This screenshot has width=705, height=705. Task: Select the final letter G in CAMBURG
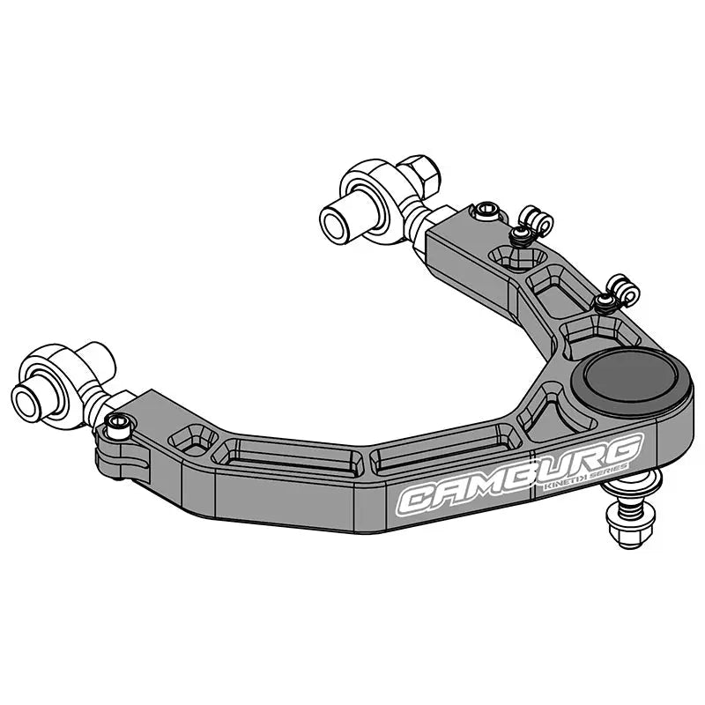(x=624, y=447)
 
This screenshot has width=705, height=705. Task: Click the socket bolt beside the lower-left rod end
(x=118, y=426)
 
